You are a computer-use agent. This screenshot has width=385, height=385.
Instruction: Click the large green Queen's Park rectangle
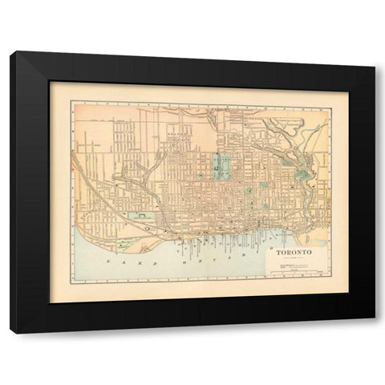(x=221, y=166)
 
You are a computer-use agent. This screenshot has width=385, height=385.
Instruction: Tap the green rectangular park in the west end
(x=139, y=216)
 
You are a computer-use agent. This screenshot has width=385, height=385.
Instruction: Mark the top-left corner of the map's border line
(x=71, y=101)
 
